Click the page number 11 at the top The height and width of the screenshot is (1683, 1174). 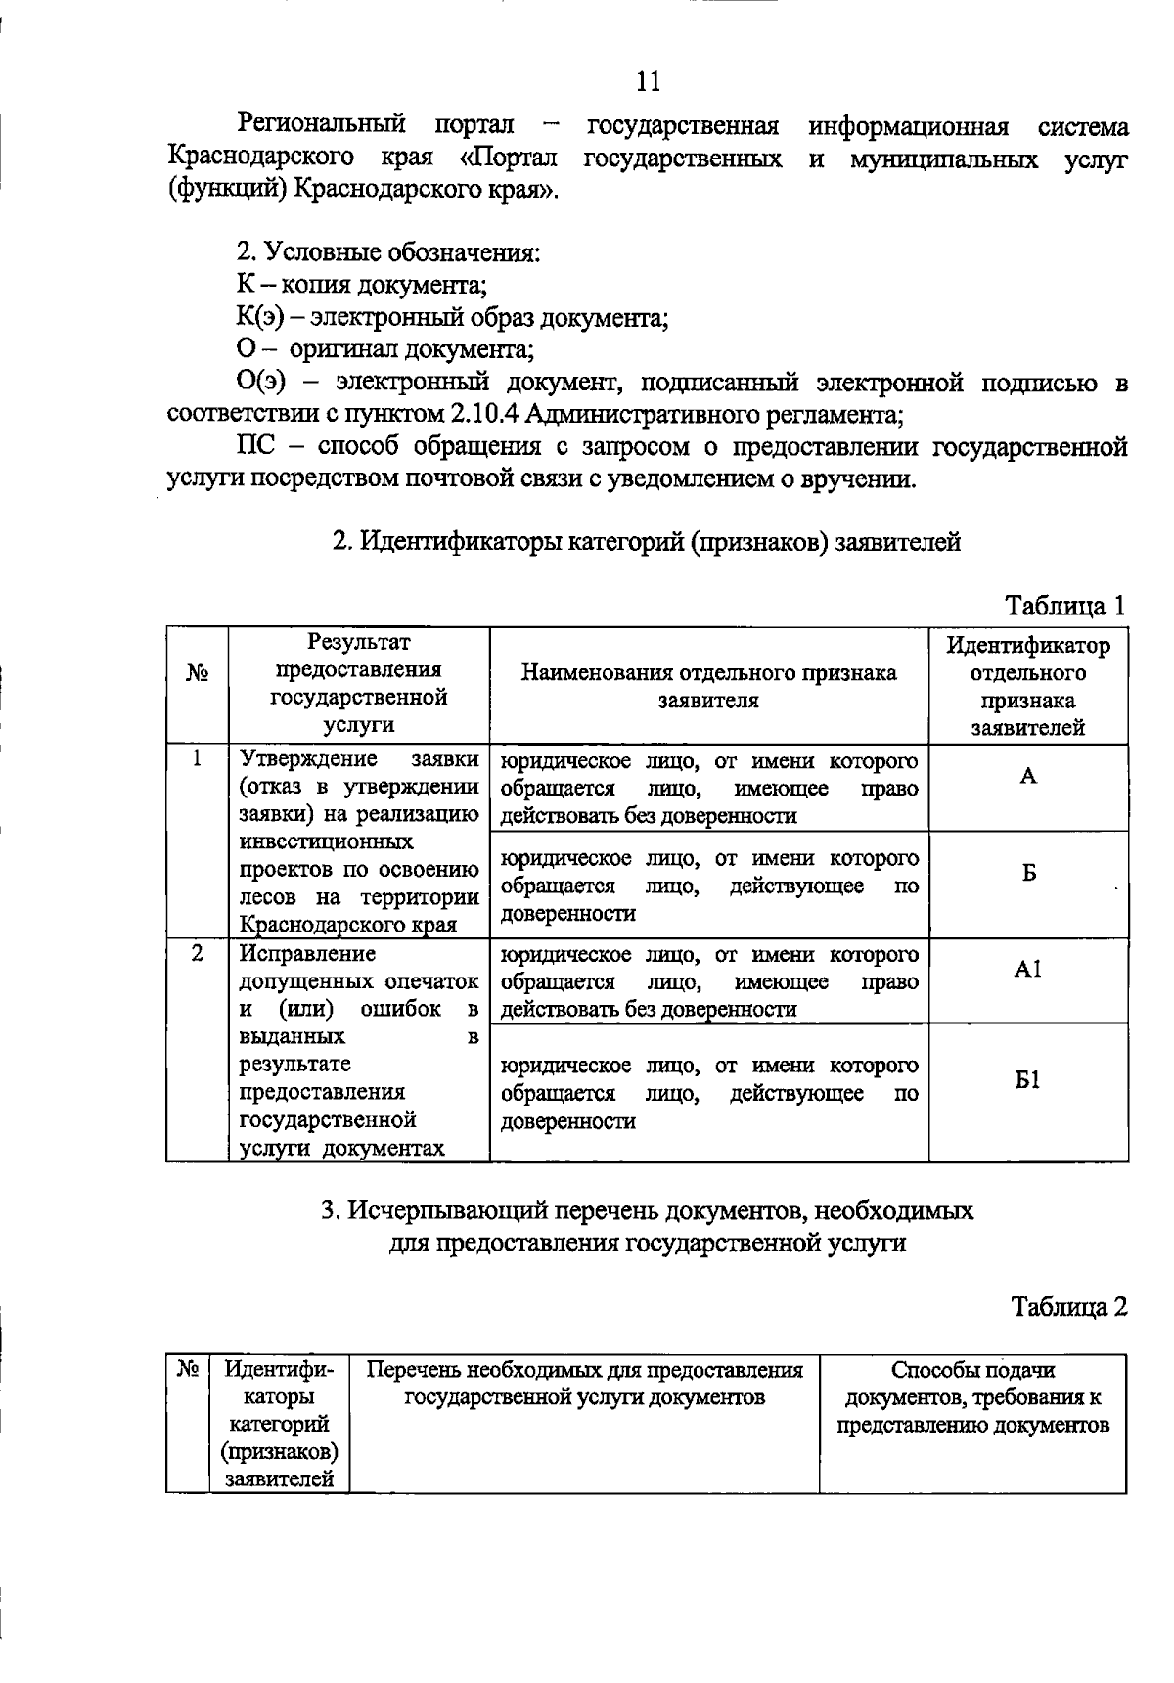(648, 81)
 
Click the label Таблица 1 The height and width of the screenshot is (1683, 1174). (1066, 606)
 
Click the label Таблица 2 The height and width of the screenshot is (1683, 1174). (1068, 1307)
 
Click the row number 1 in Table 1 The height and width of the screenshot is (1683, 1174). (197, 758)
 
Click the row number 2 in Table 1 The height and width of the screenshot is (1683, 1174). (197, 952)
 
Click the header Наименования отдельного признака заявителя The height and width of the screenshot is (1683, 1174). (708, 686)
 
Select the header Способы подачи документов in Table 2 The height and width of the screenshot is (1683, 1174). (972, 1396)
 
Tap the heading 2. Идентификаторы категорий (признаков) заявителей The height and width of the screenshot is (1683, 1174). (647, 541)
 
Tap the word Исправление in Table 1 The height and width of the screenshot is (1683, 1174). (307, 953)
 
